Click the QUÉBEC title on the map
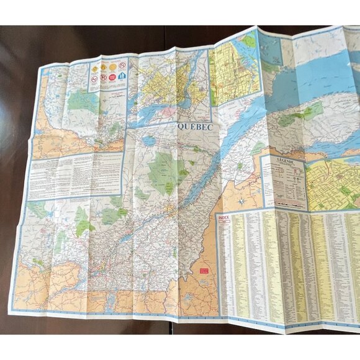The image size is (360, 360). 196,126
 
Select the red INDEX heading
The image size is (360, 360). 223,218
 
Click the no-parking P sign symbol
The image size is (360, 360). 124,64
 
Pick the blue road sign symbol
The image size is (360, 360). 123,76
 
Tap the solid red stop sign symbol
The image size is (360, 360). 104,78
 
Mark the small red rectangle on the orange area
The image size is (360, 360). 203,271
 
